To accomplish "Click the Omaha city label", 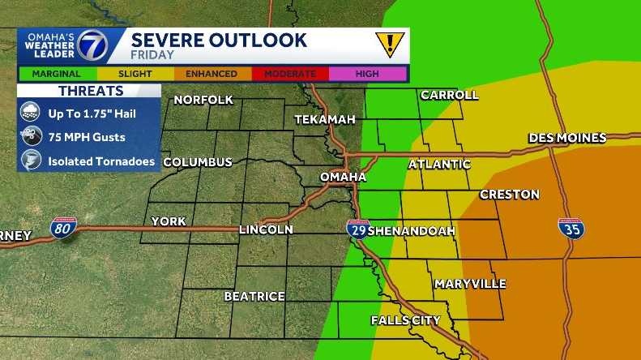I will (x=344, y=177).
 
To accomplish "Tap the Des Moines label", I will (x=567, y=138).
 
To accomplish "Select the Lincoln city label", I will (x=266, y=230).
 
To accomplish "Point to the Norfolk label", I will (x=203, y=100).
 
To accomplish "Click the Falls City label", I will (x=405, y=320).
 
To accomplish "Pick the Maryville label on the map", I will (x=470, y=284).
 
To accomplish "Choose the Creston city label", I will (x=509, y=195).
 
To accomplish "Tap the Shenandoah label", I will (x=412, y=230).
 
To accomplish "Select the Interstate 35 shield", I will (x=570, y=228).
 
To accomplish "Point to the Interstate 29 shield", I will (x=357, y=229).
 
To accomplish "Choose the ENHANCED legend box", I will (x=212, y=74).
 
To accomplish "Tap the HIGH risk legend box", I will (x=366, y=74).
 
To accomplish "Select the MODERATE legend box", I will (x=289, y=74).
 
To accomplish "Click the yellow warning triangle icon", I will (x=390, y=44).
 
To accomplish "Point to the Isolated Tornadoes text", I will (x=101, y=161).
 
